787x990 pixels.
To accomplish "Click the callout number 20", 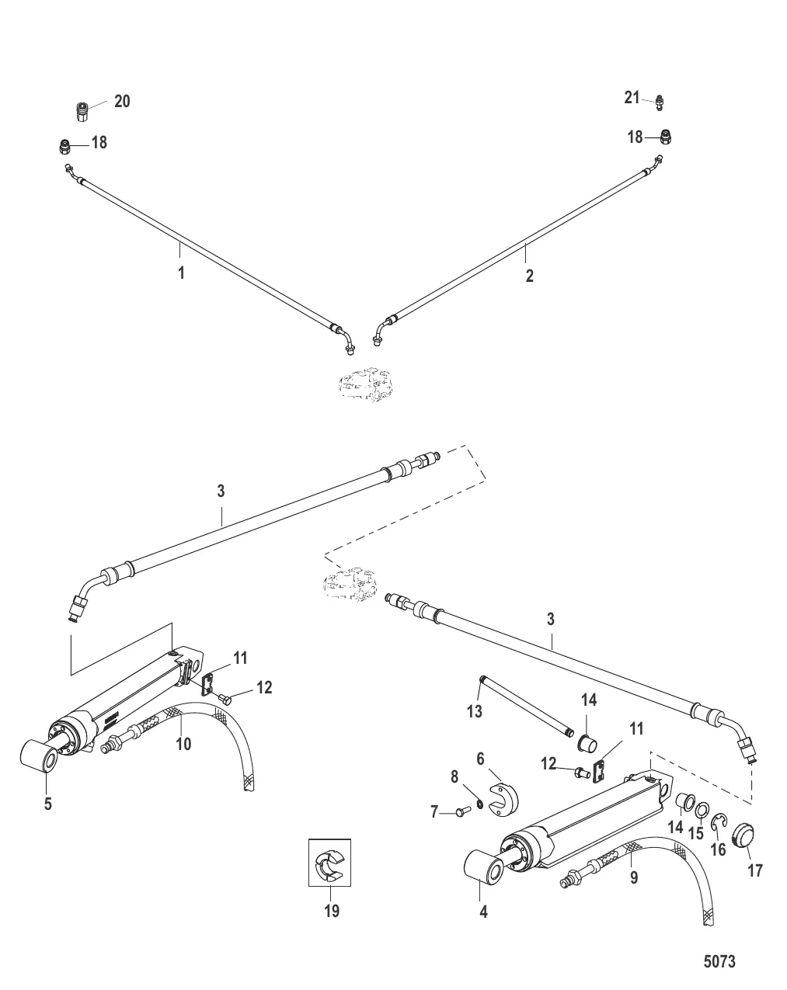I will pyautogui.click(x=122, y=101).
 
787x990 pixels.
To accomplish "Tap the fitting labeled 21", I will pyautogui.click(x=660, y=100).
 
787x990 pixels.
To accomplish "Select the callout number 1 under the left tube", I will pyautogui.click(x=181, y=273).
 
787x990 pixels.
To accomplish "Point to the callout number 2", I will pyautogui.click(x=529, y=275).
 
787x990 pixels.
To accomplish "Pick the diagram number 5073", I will pyautogui.click(x=719, y=962).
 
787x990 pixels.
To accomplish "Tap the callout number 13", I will pyautogui.click(x=474, y=710).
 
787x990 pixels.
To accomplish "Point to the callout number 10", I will pyautogui.click(x=183, y=743).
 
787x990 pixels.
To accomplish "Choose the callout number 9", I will pyautogui.click(x=633, y=879).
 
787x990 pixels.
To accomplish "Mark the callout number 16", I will pyautogui.click(x=718, y=849).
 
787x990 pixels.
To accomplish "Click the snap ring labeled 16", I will pyautogui.click(x=720, y=821).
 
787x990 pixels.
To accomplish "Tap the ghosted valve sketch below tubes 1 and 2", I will pyautogui.click(x=364, y=384).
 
